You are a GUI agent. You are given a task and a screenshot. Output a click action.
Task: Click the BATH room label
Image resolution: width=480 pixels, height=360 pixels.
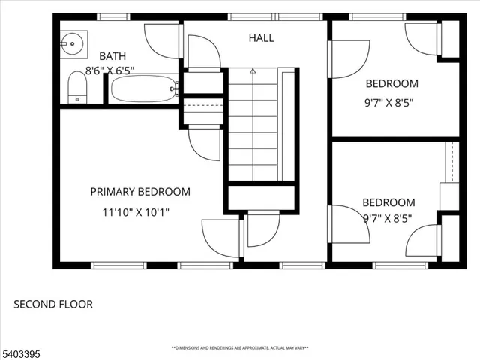[112, 56]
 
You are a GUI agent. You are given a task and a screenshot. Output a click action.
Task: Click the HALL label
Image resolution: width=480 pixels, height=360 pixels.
[262, 37]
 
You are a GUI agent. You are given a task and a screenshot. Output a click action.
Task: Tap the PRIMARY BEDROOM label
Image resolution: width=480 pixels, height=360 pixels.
[140, 192]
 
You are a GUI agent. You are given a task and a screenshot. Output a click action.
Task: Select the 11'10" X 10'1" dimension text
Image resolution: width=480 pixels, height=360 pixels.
[136, 212]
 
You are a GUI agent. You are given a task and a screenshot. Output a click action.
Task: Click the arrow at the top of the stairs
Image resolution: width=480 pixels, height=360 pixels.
[253, 71]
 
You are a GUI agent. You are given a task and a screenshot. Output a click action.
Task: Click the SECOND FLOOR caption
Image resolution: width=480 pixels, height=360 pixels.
[53, 304]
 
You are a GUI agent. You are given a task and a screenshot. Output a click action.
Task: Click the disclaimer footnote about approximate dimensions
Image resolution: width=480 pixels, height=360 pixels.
[240, 348]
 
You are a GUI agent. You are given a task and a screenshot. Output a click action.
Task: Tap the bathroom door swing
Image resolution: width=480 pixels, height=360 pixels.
[162, 40]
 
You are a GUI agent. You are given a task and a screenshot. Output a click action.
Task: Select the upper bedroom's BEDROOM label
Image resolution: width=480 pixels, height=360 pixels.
[391, 83]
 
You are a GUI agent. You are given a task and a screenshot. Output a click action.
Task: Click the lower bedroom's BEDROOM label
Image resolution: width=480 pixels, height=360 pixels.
[388, 202]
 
